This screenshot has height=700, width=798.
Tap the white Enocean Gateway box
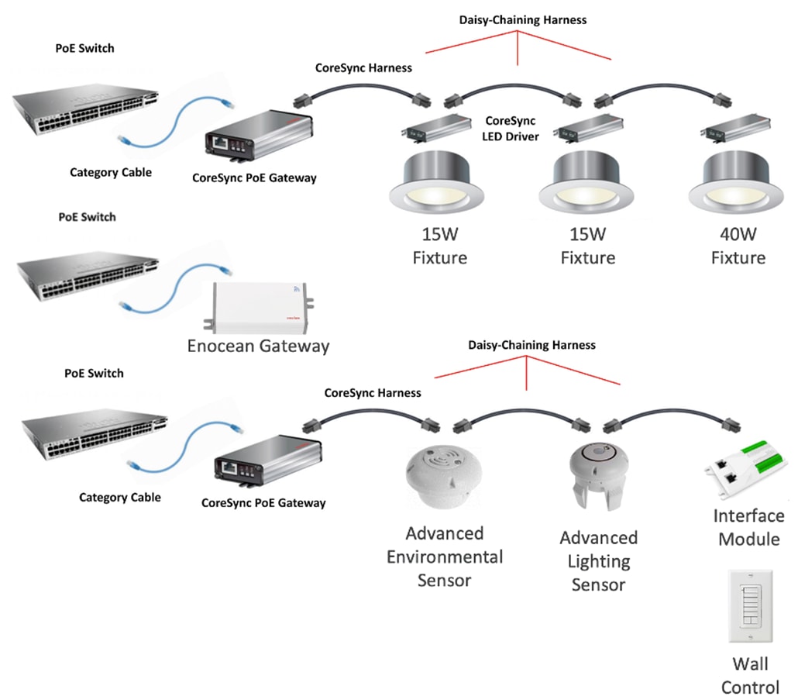[260, 305]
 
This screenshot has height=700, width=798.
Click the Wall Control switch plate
[751, 607]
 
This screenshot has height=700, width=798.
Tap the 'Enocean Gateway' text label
[258, 346]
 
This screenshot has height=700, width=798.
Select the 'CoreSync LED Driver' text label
[511, 129]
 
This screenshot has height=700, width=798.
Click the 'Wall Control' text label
[750, 675]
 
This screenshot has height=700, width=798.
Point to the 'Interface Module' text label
[748, 527]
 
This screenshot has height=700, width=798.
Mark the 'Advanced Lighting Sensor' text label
[598, 560]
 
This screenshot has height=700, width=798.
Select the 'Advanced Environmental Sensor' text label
[444, 556]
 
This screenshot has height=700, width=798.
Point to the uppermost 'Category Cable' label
[111, 172]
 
